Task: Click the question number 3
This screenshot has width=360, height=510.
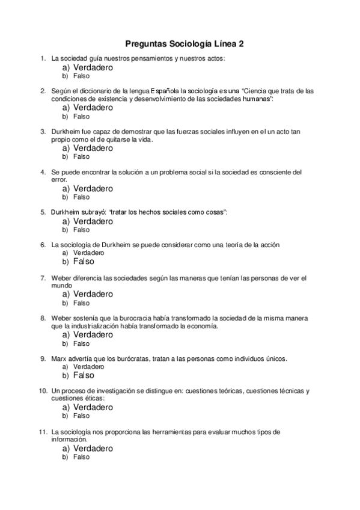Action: point(43,131)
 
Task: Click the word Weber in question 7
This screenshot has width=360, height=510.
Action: point(62,278)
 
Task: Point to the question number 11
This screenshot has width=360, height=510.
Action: point(42,432)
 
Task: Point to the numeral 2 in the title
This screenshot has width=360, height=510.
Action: point(241,44)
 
